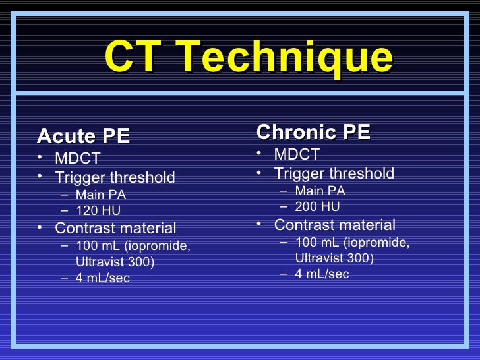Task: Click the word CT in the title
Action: coord(131,57)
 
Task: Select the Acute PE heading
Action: coord(84,136)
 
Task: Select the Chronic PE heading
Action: coord(313,133)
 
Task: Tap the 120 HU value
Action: coord(98,212)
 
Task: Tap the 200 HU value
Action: coord(318,207)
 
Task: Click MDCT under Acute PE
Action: coord(77,159)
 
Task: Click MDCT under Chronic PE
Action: coord(297,155)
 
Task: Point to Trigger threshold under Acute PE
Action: coord(115,177)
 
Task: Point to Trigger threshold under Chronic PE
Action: coord(334,174)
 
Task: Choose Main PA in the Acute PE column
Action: coord(101,195)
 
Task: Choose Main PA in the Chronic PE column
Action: coord(320,191)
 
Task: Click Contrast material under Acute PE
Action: coord(115,229)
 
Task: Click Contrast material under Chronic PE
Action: coord(335,225)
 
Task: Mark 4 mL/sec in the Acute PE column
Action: coord(103,278)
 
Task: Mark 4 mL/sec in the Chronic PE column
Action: coord(322,274)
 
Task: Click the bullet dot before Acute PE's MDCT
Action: coord(41,158)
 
